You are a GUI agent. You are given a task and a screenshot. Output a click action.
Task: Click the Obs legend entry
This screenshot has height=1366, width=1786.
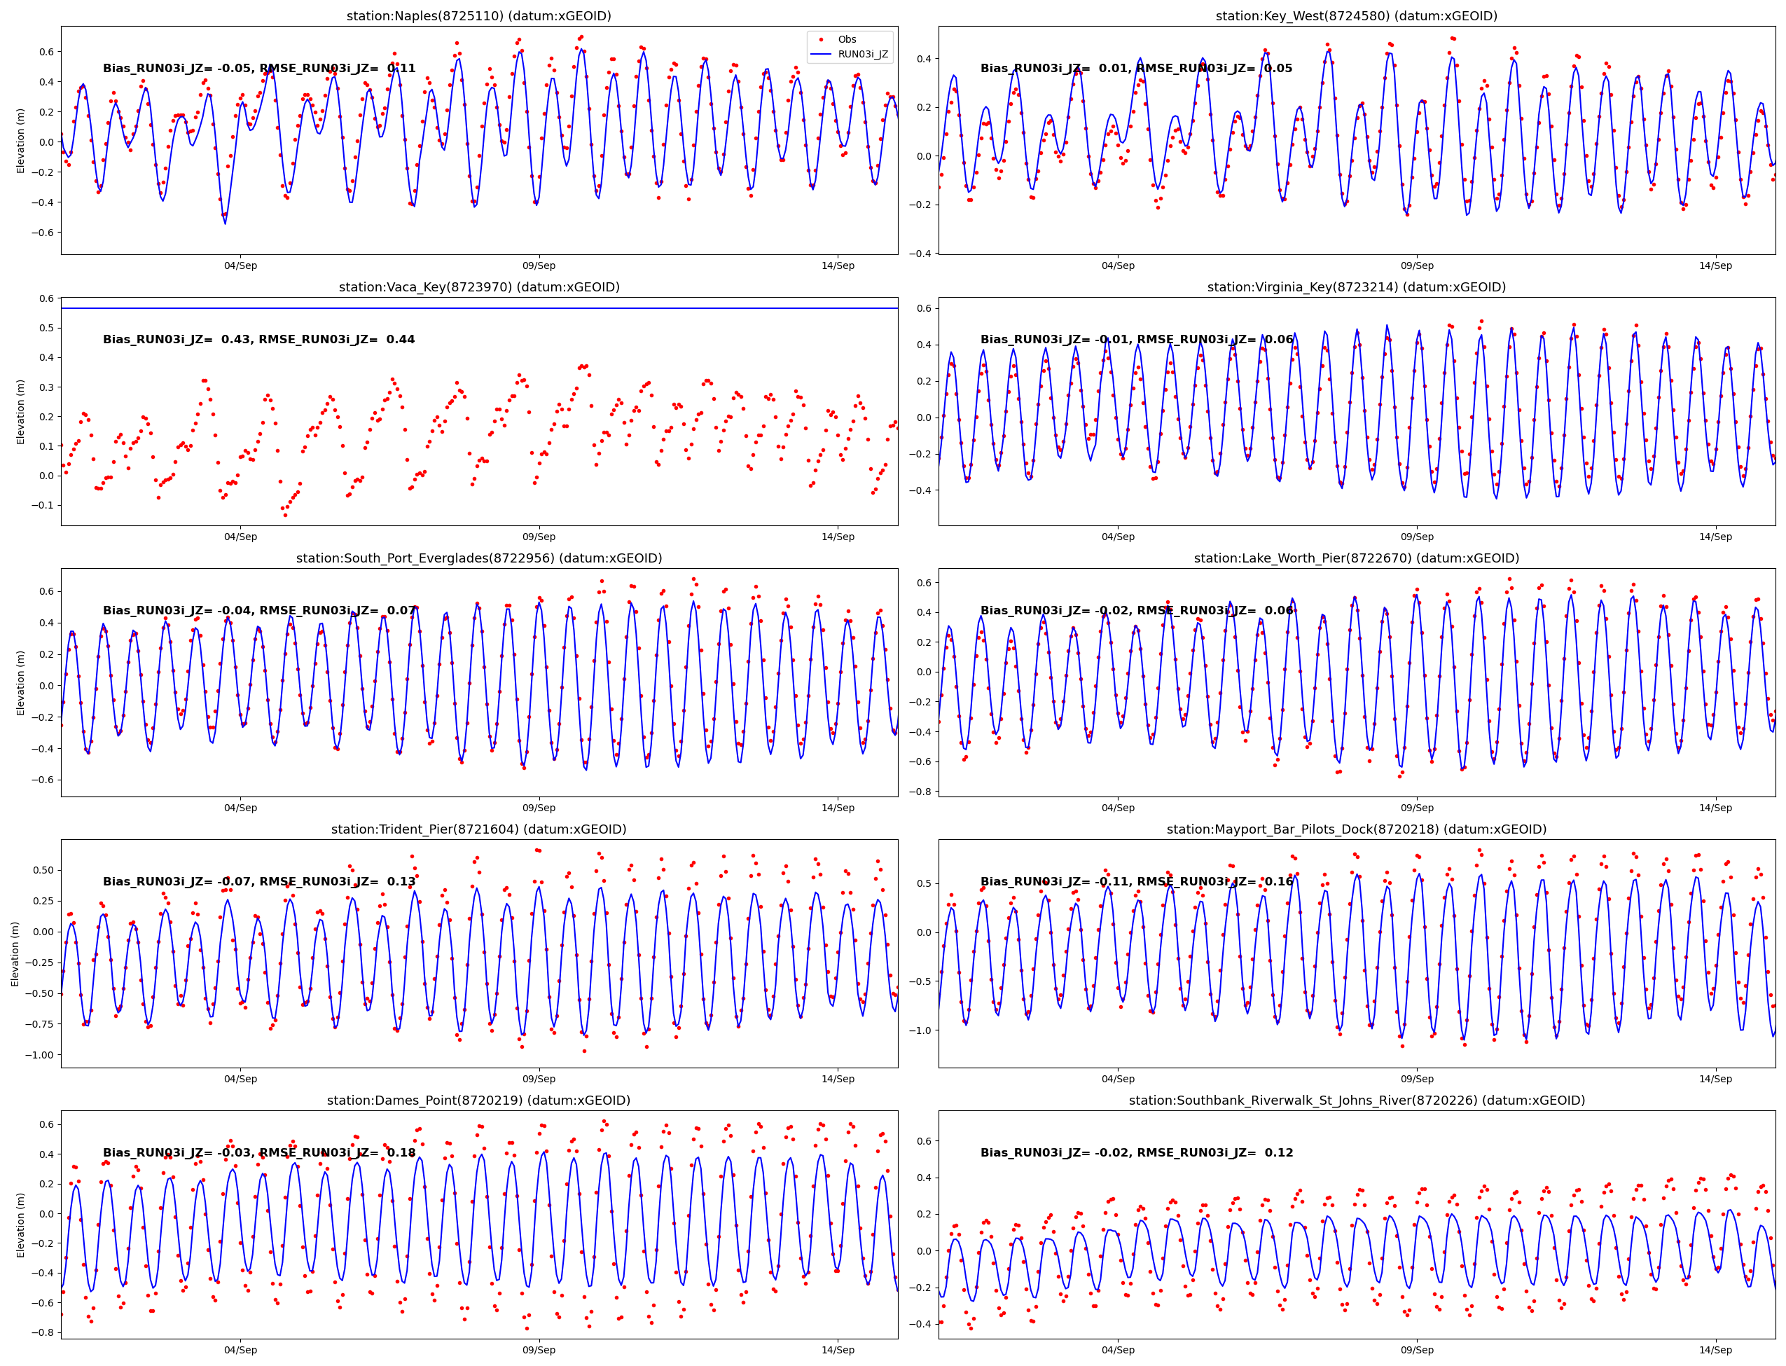pos(846,40)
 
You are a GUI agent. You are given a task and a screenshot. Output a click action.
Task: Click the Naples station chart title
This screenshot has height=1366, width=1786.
pos(479,16)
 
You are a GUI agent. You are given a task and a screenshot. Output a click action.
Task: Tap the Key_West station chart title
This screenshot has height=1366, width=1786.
pos(1356,16)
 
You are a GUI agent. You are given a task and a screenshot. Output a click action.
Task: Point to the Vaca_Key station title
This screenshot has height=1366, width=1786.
pos(479,287)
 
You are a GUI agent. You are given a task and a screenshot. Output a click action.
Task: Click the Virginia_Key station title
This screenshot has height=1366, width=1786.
pos(1356,287)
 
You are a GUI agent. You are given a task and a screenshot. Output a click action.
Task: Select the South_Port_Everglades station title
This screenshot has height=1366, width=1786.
pos(479,558)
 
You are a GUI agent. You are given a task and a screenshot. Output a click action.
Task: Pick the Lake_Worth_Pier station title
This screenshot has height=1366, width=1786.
pos(1356,558)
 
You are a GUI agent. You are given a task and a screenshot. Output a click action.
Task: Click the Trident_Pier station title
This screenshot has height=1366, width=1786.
pos(479,829)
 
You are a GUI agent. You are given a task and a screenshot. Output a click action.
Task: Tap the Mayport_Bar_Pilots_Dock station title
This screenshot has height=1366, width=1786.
pos(1356,829)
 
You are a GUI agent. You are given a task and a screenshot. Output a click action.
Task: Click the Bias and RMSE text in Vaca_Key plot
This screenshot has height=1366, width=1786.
pos(258,340)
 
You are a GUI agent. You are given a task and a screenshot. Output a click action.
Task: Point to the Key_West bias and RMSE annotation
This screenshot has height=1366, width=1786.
pos(1135,69)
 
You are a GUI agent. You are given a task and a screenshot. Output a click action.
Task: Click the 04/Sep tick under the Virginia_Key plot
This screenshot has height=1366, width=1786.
pos(1118,537)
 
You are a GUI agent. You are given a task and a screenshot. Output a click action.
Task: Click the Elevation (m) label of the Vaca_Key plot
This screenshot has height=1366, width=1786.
pos(21,411)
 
